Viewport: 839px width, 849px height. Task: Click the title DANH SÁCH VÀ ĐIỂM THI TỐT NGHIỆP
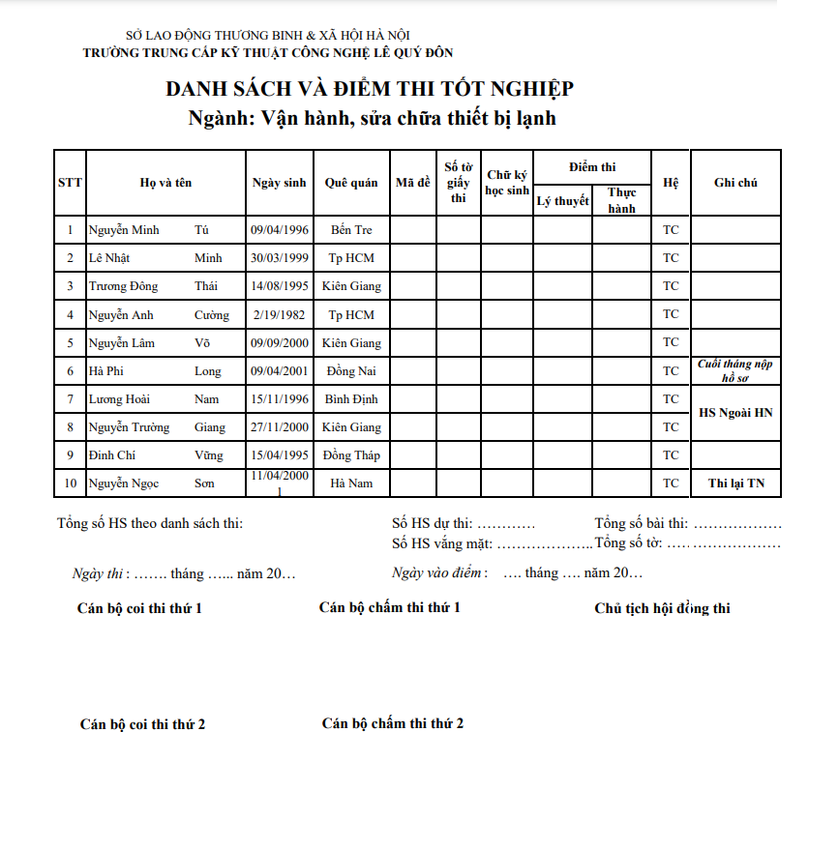[x=370, y=89]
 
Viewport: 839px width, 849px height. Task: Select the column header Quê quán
[x=351, y=183]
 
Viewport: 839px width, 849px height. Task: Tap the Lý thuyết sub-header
[x=562, y=201]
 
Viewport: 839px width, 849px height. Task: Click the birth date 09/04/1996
[x=280, y=230]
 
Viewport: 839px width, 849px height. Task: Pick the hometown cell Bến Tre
[x=351, y=230]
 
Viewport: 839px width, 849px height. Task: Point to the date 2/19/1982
[x=280, y=315]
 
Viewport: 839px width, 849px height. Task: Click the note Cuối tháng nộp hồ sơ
[x=735, y=371]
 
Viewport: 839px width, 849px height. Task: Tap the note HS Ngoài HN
[x=735, y=413]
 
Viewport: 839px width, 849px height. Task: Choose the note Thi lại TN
[x=735, y=483]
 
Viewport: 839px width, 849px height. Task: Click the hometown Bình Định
[x=351, y=399]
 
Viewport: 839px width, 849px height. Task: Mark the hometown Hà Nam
[x=351, y=483]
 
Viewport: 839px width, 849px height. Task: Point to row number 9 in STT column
[x=70, y=455]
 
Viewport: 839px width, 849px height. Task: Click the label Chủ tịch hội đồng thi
[x=662, y=608]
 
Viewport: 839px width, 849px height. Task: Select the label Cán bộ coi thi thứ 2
[x=142, y=724]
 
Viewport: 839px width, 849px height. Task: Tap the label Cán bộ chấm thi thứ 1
[x=389, y=607]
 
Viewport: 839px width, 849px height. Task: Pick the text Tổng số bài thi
[x=642, y=524]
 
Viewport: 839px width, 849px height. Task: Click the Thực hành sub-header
[x=621, y=200]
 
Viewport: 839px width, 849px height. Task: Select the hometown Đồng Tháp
[x=351, y=455]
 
